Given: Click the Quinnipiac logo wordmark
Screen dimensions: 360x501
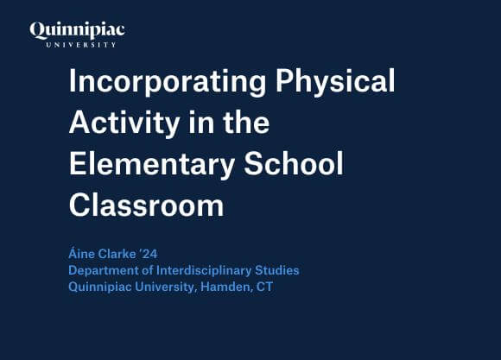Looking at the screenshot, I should pyautogui.click(x=77, y=31).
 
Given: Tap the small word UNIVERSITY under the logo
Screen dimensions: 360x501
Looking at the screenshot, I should pyautogui.click(x=78, y=44).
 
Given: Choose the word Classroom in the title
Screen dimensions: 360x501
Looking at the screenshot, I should pyautogui.click(x=146, y=205).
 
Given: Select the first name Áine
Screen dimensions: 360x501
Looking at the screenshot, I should pyautogui.click(x=82, y=255).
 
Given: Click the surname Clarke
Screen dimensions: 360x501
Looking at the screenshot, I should pyautogui.click(x=122, y=255).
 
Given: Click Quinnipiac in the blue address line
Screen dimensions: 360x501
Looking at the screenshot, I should pyautogui.click(x=99, y=287).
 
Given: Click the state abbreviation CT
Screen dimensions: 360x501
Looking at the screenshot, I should pyautogui.click(x=264, y=287).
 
